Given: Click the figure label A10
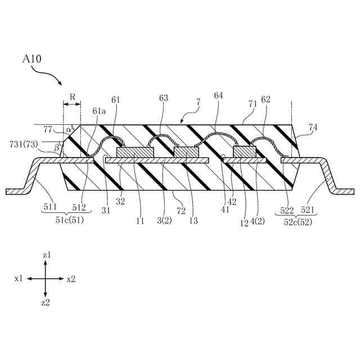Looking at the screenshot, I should [31, 58].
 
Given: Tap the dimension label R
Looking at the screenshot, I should [73, 97].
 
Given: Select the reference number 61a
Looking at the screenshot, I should [99, 111].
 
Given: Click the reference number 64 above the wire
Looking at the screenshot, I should [218, 96].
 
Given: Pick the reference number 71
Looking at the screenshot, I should [253, 105].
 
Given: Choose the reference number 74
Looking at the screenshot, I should [313, 127].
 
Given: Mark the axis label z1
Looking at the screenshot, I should [47, 255].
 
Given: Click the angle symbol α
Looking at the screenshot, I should [69, 129].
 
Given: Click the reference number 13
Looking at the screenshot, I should [193, 221].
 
